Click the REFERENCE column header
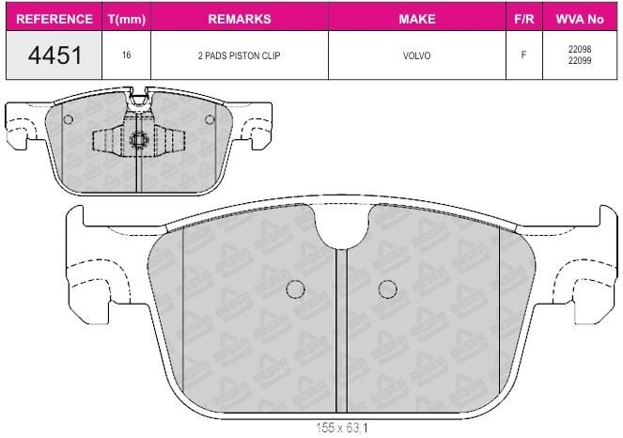pyautogui.click(x=55, y=19)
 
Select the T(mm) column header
pyautogui.click(x=126, y=19)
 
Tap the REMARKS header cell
pyautogui.click(x=240, y=19)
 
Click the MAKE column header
pyautogui.click(x=417, y=19)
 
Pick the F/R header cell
pyautogui.click(x=524, y=19)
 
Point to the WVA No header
pyautogui.click(x=580, y=19)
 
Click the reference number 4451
pyautogui.click(x=55, y=55)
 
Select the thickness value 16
pyautogui.click(x=126, y=55)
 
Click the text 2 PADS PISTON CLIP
pyautogui.click(x=240, y=55)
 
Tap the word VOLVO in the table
pyautogui.click(x=417, y=55)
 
